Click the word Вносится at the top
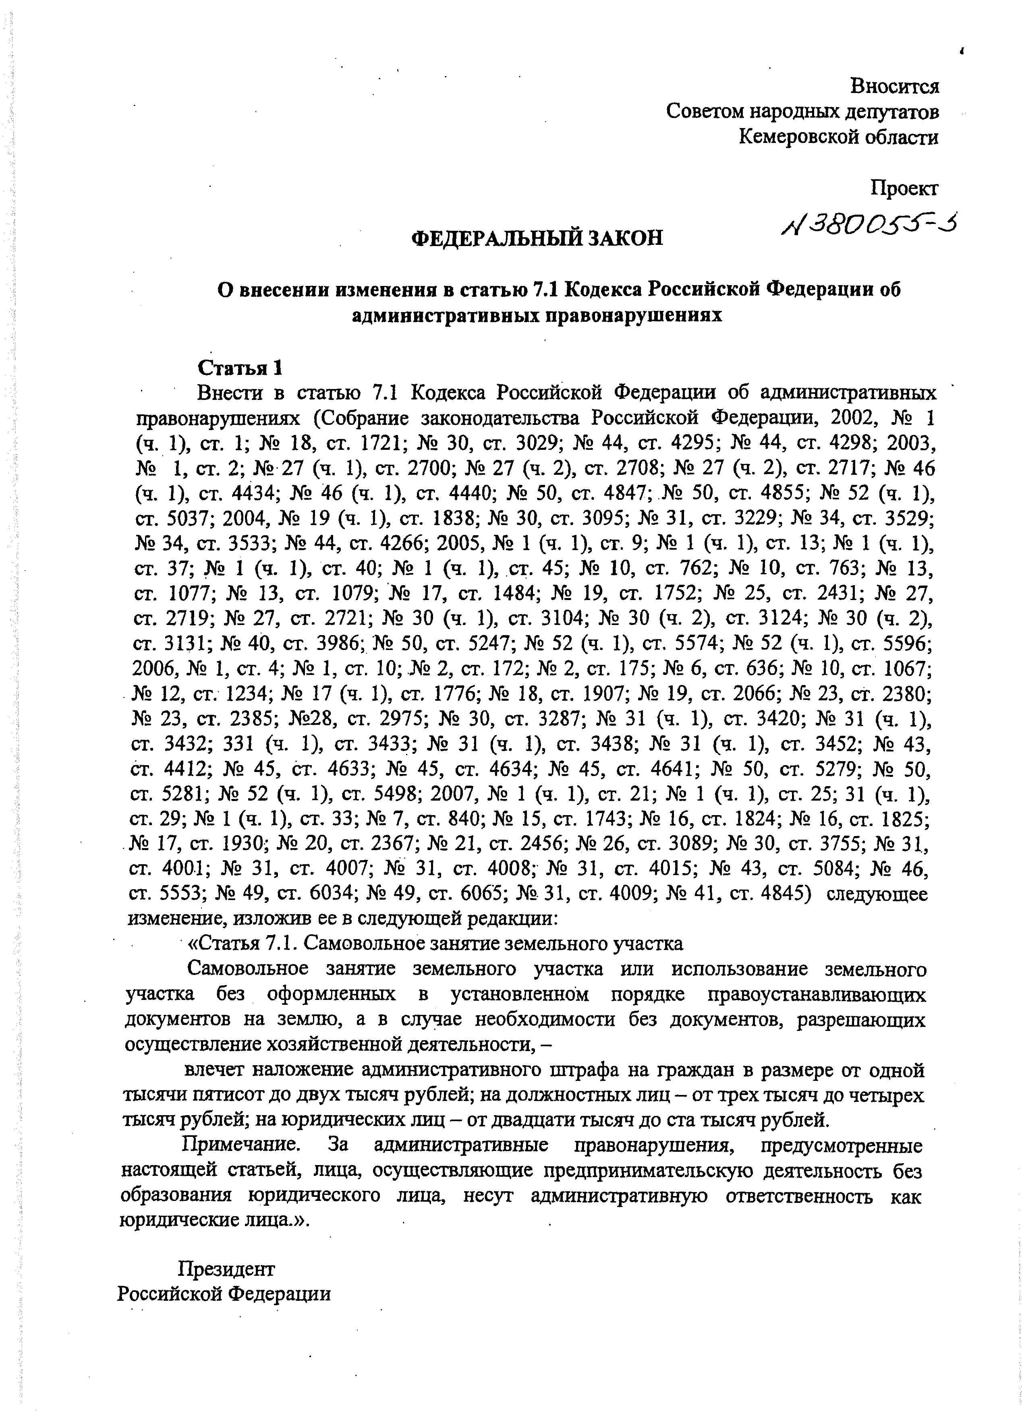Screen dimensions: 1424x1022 pyautogui.click(x=894, y=85)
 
